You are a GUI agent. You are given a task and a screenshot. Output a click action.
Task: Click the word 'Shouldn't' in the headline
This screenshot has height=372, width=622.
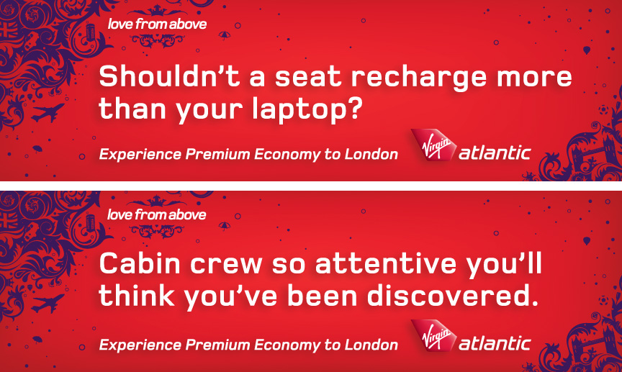point(169,76)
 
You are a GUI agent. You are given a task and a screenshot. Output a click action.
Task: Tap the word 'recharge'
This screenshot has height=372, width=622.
point(418,78)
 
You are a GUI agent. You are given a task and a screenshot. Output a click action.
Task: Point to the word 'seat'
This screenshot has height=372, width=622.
point(308,77)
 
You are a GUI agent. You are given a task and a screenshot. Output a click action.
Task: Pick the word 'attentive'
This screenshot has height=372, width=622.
point(386,264)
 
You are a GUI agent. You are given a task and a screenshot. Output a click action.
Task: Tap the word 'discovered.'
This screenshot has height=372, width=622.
point(453,296)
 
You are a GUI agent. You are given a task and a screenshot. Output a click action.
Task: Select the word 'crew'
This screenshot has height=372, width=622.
point(226,265)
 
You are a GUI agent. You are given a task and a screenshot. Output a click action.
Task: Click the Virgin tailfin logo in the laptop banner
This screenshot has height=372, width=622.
point(433,145)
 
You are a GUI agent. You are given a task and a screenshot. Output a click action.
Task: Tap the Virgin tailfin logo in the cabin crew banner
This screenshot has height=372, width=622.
point(433,336)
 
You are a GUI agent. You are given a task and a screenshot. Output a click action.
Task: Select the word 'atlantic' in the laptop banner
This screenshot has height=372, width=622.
point(495,153)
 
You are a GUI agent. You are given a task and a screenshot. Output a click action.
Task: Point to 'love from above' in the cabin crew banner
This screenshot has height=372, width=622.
point(157,215)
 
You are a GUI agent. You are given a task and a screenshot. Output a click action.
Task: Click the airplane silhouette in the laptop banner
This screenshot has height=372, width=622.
point(48,113)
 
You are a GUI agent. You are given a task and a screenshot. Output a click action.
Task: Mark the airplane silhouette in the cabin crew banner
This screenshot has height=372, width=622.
point(48,304)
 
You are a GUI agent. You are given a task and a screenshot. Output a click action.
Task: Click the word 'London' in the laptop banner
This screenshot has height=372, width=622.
point(371,154)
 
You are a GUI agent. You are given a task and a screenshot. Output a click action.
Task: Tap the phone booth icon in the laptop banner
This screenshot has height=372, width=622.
point(91,33)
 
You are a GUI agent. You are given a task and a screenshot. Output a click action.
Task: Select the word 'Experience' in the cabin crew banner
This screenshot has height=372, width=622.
point(140,345)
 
